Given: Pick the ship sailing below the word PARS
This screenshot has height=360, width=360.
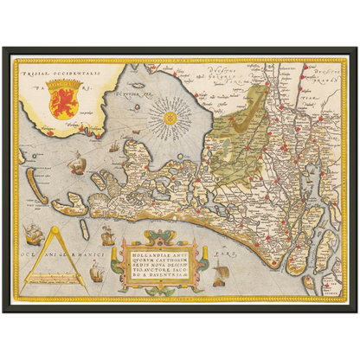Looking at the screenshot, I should pos(221,275).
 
